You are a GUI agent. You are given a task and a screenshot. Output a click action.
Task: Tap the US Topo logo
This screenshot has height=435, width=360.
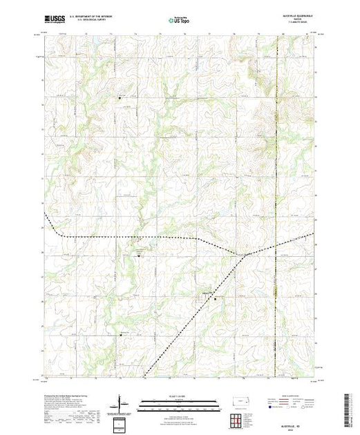(180, 20)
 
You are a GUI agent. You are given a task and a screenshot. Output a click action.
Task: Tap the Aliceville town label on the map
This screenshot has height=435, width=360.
(205, 294)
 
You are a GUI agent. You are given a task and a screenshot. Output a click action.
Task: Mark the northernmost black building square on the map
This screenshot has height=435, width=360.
(120, 98)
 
